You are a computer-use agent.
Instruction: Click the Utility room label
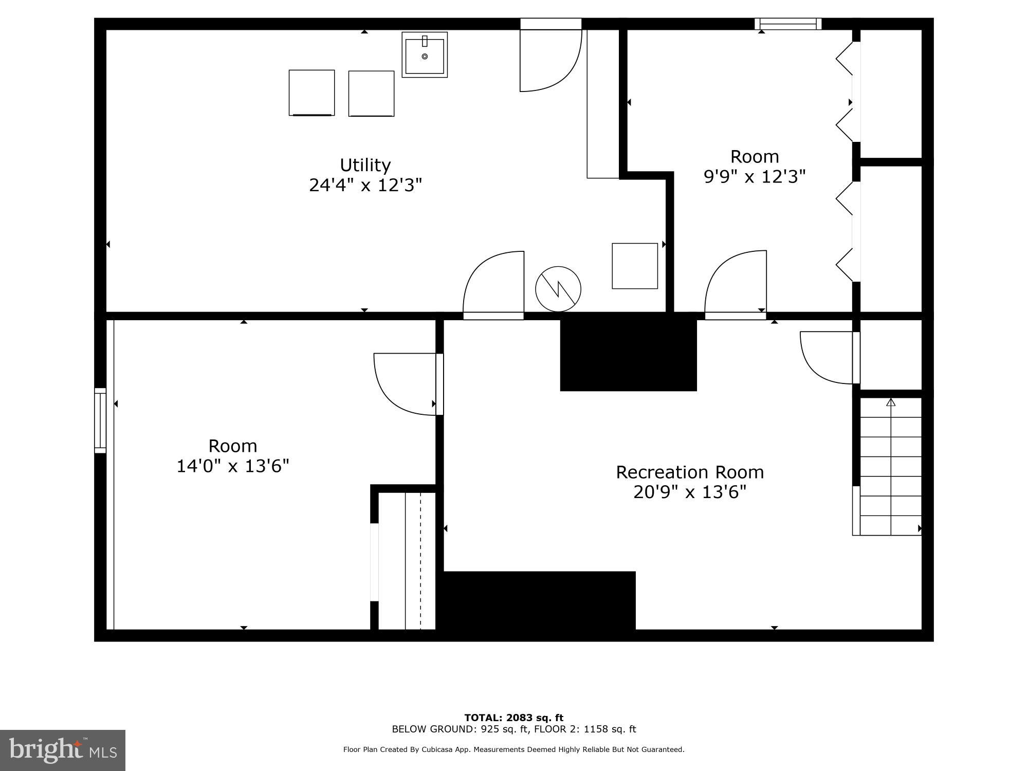click(365, 165)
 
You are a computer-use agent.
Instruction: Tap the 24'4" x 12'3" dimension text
click(365, 185)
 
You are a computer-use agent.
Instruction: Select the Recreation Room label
click(690, 472)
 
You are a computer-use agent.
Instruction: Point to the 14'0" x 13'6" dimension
click(233, 466)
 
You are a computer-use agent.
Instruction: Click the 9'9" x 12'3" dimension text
click(754, 177)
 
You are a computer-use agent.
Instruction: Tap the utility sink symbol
click(425, 54)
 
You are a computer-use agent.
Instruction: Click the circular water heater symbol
click(558, 289)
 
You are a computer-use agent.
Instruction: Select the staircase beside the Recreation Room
click(890, 468)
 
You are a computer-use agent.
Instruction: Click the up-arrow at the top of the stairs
click(891, 402)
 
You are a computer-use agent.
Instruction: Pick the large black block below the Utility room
click(628, 355)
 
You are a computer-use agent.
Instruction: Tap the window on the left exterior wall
click(100, 420)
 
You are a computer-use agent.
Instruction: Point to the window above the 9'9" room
click(788, 24)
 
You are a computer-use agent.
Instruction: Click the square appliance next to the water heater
click(635, 266)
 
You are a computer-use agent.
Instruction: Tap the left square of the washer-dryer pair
click(311, 93)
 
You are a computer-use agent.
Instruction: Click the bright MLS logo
click(63, 750)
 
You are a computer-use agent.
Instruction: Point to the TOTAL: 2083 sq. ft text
click(513, 718)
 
